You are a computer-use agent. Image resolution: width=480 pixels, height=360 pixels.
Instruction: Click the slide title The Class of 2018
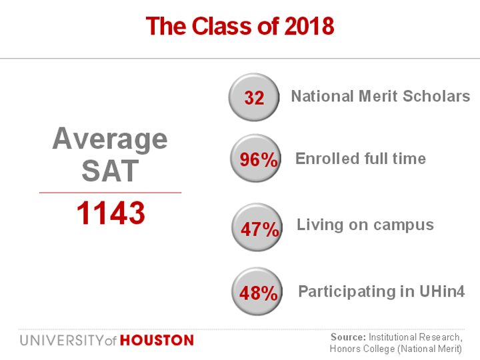pyautogui.click(x=240, y=26)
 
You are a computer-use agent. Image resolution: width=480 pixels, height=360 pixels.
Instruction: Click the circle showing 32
pyautogui.click(x=254, y=98)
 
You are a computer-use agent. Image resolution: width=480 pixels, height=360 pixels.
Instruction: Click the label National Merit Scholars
pyautogui.click(x=381, y=96)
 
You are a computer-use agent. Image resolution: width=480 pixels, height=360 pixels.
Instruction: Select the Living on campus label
pyautogui.click(x=365, y=225)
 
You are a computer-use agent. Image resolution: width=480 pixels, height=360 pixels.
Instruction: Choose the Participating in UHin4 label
pyautogui.click(x=380, y=291)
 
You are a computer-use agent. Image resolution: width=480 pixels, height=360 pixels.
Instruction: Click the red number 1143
pyautogui.click(x=111, y=213)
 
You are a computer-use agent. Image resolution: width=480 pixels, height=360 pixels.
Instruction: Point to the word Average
pyautogui.click(x=110, y=139)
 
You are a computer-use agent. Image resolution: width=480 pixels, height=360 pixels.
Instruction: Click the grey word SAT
pyautogui.click(x=110, y=171)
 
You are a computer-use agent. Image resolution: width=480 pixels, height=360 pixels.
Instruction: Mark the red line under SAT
pyautogui.click(x=110, y=192)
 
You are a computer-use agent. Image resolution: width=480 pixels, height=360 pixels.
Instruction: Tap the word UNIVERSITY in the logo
pyautogui.click(x=61, y=341)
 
